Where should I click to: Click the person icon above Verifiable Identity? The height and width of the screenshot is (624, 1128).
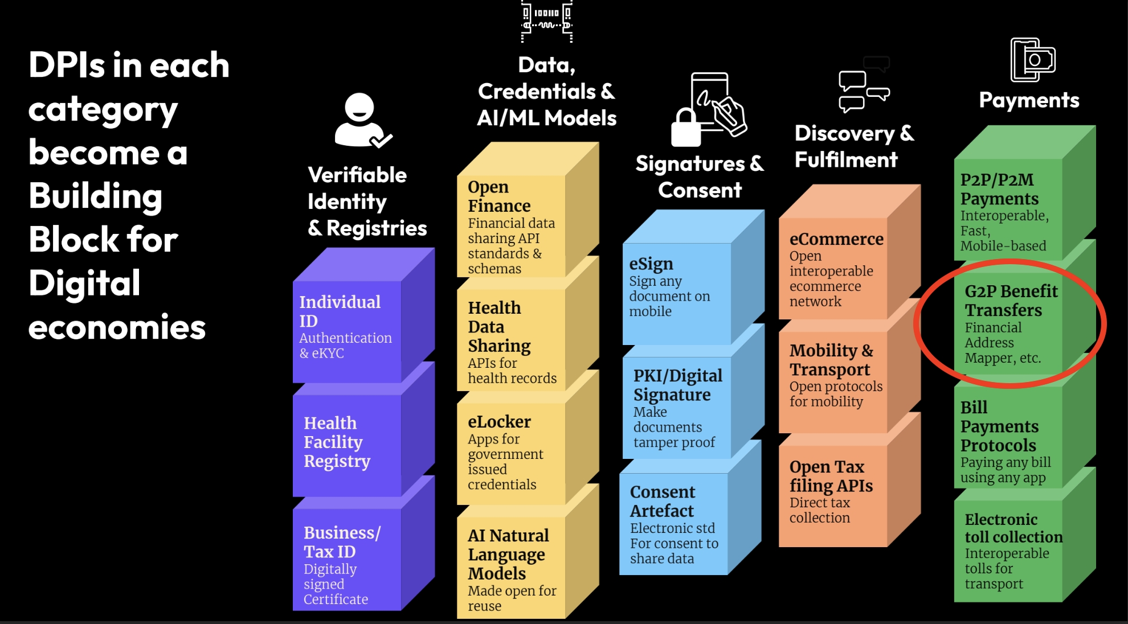360,120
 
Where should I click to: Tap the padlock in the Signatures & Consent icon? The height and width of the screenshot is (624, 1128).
685,128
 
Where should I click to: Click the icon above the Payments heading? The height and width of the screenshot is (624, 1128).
1032,60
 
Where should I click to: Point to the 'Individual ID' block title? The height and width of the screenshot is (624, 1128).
340,311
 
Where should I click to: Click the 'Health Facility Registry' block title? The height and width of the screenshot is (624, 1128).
337,442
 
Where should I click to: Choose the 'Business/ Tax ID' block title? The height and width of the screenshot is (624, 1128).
341,542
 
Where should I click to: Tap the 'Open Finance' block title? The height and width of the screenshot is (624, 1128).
498,196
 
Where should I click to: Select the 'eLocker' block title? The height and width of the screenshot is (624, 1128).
499,422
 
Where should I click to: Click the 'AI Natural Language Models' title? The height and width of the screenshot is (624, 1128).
508,554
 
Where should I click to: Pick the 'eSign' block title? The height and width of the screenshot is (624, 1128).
651,264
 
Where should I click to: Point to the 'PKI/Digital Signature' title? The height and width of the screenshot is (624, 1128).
677,385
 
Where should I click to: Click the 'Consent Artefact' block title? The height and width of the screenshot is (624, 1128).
662,501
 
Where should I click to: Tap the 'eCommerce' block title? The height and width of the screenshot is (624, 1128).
836,239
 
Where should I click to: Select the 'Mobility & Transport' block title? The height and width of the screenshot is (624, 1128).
831,360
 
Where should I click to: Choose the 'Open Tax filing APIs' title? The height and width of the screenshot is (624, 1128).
831,476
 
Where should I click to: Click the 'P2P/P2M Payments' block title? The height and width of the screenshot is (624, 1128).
999,189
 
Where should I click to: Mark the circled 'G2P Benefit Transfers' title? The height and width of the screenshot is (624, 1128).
1011,301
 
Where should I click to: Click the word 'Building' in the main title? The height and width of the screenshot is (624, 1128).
96,196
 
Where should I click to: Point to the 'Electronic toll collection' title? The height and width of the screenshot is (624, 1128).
1013,528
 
